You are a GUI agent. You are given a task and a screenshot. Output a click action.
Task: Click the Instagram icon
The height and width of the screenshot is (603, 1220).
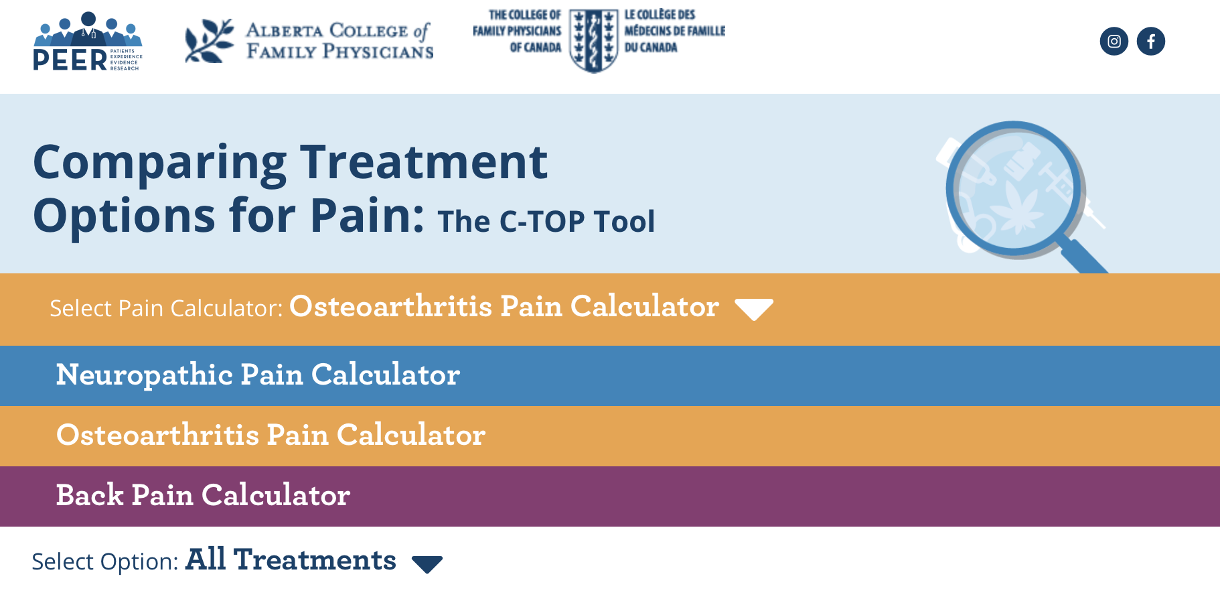click(1114, 42)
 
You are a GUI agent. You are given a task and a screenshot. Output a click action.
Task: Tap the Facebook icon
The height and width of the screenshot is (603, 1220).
click(1151, 42)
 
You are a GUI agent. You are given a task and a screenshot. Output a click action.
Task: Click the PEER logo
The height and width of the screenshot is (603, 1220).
click(88, 42)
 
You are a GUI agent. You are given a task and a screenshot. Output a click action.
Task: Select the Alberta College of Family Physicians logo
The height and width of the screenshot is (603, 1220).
click(309, 41)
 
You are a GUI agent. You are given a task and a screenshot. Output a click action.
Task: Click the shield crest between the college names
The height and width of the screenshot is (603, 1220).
click(593, 41)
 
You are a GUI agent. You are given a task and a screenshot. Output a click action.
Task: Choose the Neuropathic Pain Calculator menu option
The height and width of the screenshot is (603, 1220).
click(258, 375)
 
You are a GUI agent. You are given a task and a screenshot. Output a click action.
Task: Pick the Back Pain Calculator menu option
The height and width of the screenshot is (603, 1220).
click(203, 495)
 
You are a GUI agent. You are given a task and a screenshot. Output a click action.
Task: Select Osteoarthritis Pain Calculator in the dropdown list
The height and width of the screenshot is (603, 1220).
click(271, 435)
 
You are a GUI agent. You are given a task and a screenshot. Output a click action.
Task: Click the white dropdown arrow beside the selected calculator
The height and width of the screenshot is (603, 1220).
click(754, 309)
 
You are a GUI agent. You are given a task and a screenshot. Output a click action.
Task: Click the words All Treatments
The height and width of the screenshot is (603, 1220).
click(291, 559)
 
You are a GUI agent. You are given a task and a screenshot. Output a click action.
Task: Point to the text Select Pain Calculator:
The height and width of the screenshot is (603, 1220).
click(167, 308)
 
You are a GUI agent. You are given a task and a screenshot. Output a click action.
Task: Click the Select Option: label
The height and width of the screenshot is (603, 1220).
click(105, 561)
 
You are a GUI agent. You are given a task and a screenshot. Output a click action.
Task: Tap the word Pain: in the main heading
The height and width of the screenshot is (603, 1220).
click(367, 215)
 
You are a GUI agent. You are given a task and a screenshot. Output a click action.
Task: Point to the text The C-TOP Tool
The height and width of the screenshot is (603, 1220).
click(546, 222)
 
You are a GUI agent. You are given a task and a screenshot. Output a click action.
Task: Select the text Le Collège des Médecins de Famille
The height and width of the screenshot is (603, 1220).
click(674, 31)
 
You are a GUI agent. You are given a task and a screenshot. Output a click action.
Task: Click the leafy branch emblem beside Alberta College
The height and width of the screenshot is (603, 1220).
click(209, 41)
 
